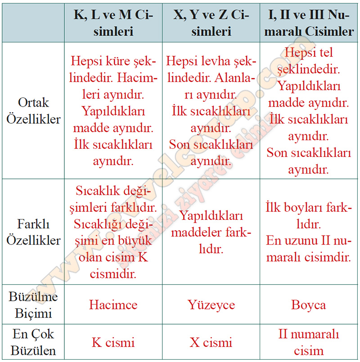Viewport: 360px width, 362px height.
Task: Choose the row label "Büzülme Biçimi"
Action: click(33, 304)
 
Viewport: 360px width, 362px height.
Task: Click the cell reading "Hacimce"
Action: click(113, 305)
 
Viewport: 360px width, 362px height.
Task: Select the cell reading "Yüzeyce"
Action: click(211, 305)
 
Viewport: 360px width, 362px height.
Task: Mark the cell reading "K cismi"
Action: click(113, 342)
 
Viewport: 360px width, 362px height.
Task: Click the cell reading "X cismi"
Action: click(211, 342)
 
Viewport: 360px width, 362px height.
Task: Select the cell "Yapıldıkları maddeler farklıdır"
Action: click(211, 232)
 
